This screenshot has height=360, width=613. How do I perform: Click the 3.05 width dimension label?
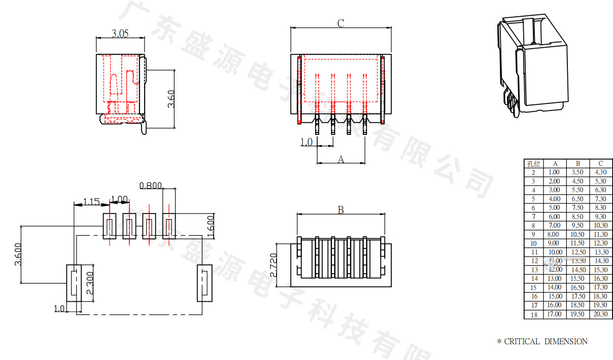(x=120, y=33)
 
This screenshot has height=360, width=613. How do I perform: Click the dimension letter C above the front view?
(x=341, y=23)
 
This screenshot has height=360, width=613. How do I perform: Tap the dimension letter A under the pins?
(x=341, y=159)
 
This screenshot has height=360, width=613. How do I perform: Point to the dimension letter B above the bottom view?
(x=341, y=210)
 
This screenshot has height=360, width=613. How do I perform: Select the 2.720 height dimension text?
(x=274, y=265)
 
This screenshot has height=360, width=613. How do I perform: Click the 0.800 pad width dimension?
(x=150, y=186)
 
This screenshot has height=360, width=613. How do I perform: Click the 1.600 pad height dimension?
(x=212, y=226)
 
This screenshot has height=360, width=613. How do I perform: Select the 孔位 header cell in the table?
(x=533, y=163)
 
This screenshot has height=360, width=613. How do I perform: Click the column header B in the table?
(x=578, y=163)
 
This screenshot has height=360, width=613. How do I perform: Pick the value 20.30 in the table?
(x=601, y=314)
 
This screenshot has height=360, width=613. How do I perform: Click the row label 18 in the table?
(x=533, y=314)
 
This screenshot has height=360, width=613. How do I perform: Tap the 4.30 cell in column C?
(x=601, y=172)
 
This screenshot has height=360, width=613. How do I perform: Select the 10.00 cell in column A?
(x=555, y=252)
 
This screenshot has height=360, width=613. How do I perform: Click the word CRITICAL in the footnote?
(x=522, y=342)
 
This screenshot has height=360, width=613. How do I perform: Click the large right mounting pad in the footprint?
(x=205, y=283)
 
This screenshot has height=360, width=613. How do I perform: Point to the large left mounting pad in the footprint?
(x=74, y=283)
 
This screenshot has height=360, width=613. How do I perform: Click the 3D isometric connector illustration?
(x=531, y=65)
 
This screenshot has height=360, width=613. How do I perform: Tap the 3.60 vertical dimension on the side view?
(x=171, y=98)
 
